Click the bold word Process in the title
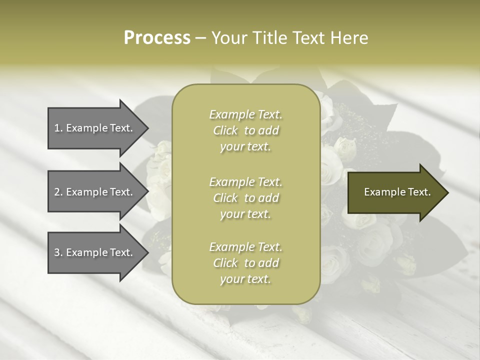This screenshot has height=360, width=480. [157, 38]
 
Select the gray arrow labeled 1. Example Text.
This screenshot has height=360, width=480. [95, 128]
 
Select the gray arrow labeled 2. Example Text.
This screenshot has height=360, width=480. [95, 192]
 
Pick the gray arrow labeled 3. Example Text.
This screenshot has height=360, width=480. [95, 252]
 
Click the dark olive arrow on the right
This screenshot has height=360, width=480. [395, 192]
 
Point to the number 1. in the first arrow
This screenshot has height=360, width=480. [58, 128]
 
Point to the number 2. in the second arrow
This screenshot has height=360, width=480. [58, 192]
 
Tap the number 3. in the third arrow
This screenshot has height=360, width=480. [58, 252]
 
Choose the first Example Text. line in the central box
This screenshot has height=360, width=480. [245, 114]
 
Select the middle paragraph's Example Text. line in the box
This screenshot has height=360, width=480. [245, 181]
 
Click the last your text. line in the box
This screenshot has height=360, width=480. [245, 279]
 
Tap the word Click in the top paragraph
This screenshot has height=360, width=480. [225, 130]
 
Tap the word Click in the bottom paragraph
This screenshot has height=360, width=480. [225, 263]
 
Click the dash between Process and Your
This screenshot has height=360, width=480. [201, 38]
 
